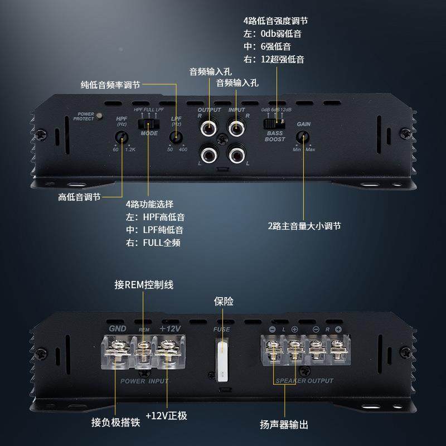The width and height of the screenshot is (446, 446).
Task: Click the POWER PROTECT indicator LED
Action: [99, 116]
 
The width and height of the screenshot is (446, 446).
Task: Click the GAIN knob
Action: [304, 137]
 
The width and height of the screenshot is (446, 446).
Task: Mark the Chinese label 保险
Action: [224, 302]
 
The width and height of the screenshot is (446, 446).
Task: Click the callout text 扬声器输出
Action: [284, 424]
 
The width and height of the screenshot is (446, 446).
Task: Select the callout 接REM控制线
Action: [143, 285]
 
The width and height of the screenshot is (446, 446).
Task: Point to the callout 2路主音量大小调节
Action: [304, 226]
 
